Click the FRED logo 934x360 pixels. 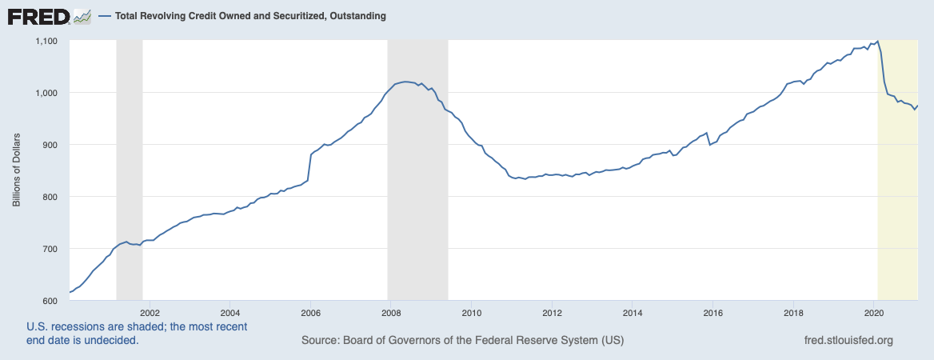coord(38,16)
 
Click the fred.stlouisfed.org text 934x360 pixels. coord(847,341)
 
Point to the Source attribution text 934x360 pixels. coord(462,341)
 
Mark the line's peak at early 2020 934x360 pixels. coord(877,41)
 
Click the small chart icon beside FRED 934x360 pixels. coord(81,16)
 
